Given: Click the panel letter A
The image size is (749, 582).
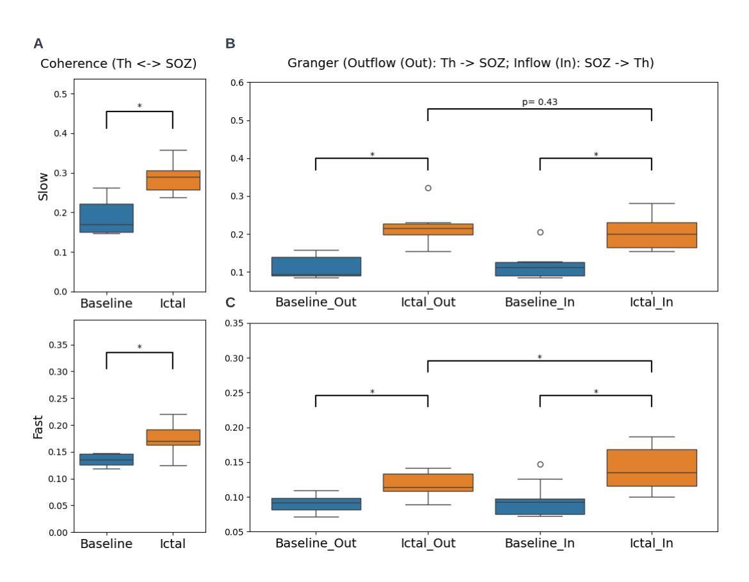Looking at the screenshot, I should tap(38, 44).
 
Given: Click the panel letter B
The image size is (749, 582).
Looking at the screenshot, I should tap(230, 44).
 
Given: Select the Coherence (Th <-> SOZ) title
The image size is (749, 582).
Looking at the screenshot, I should tap(118, 63).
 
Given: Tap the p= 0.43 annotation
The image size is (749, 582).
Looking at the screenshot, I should tap(540, 101).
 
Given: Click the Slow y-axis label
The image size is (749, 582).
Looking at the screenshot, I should tap(44, 186).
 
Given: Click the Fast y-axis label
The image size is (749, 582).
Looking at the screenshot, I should tap(38, 426).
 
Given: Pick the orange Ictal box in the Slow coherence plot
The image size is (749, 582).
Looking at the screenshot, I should tap(173, 180).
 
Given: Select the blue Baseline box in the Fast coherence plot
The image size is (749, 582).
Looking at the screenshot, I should tap(106, 459).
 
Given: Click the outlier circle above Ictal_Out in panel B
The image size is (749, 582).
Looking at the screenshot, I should tap(428, 188).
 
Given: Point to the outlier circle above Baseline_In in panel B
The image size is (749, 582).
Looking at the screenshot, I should tap(540, 232).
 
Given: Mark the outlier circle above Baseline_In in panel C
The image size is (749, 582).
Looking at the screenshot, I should tap(540, 464).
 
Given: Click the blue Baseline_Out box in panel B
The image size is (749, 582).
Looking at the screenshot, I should tap(316, 266).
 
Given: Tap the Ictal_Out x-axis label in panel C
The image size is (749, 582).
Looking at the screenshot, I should tap(428, 544).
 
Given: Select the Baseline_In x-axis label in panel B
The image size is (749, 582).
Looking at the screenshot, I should tap(540, 302).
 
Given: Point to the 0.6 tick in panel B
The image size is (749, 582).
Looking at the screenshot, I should tap(237, 83).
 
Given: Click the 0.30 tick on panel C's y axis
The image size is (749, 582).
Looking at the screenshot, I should tap(234, 358).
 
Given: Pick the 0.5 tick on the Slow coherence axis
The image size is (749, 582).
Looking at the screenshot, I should tap(61, 94).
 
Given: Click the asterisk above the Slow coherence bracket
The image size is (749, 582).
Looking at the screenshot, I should tap(140, 106).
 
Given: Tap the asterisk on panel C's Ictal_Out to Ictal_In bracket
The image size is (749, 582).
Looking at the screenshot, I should tap(540, 357).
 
